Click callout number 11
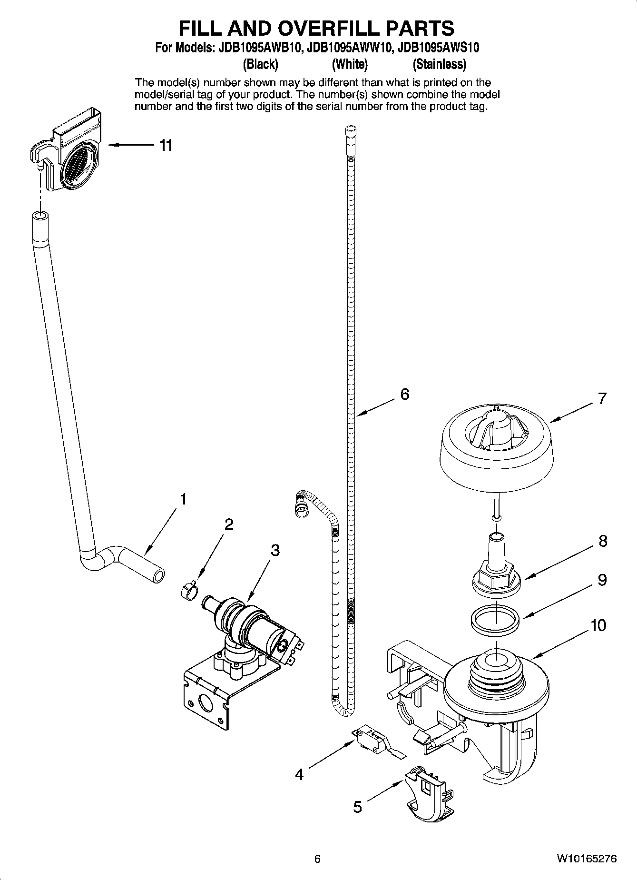click(x=165, y=145)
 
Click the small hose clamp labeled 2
click(x=188, y=592)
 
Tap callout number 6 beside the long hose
click(x=404, y=394)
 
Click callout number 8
click(x=603, y=541)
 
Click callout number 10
click(x=598, y=624)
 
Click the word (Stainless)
click(x=439, y=64)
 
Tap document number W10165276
click(x=587, y=859)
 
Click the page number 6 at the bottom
click(x=318, y=859)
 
